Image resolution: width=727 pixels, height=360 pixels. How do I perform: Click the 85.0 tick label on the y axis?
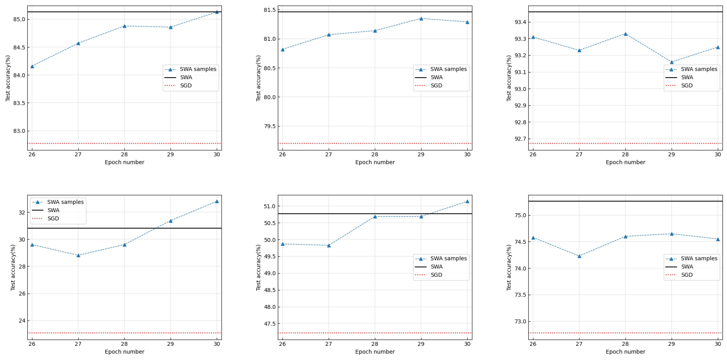19,19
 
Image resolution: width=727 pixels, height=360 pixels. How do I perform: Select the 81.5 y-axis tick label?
270,10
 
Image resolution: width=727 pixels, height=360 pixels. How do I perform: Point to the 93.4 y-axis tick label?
520,22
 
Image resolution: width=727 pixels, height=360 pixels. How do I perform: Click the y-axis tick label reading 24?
22,321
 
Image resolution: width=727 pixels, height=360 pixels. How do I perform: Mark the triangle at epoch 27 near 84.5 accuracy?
78,43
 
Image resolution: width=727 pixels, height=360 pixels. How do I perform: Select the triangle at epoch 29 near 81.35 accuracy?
421,19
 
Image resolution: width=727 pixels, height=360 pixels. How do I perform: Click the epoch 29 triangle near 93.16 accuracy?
672,62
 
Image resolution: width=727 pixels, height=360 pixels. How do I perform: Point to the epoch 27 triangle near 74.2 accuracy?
579,256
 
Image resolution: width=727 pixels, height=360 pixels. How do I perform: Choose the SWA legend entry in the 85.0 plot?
186,77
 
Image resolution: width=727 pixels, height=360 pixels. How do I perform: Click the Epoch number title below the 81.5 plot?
375,162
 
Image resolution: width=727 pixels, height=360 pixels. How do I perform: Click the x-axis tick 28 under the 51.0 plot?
375,344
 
